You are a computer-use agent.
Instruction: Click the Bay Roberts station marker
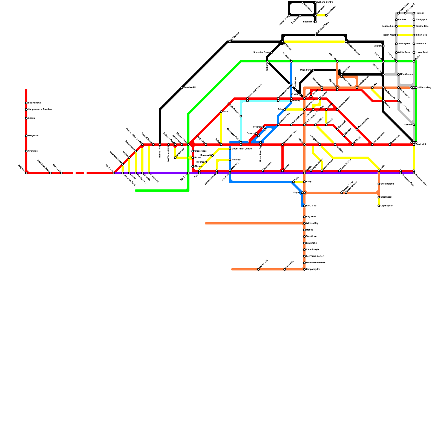tap(26, 103)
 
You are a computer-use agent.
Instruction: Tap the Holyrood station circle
tap(26, 173)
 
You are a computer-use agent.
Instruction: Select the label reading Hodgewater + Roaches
tap(40, 109)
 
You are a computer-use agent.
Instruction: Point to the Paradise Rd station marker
tap(182, 88)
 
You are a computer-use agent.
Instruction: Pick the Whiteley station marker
tap(230, 160)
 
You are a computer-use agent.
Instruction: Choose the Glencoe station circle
tap(193, 166)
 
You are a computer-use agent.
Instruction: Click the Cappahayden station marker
tap(304, 269)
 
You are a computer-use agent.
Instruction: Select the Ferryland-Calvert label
tap(315, 256)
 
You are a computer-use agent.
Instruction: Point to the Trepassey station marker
tap(285, 269)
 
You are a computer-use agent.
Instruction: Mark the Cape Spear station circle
tap(379, 206)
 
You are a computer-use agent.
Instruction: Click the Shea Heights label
tap(387, 184)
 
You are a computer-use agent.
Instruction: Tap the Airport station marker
tap(383, 46)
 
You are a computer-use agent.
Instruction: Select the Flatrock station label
tap(420, 13)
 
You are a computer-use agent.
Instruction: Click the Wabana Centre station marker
tap(315, 2)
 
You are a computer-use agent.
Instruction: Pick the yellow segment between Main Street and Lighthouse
tap(321, 15)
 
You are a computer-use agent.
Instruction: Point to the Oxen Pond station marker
tap(313, 70)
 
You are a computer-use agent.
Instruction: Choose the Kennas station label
tap(408, 125)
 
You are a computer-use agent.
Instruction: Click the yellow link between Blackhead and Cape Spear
tap(379, 201)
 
